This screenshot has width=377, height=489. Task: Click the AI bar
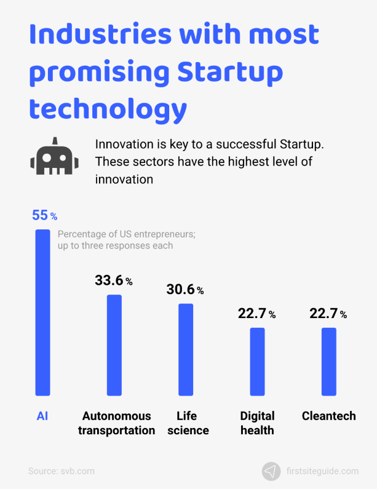click(x=42, y=312)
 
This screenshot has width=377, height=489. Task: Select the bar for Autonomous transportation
click(x=114, y=345)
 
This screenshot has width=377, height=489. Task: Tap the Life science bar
click(x=186, y=349)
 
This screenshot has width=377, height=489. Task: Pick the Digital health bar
click(x=257, y=362)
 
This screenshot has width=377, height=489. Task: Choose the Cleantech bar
click(x=329, y=362)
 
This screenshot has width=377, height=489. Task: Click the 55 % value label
click(x=44, y=216)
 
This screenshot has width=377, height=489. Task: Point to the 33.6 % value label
click(x=114, y=280)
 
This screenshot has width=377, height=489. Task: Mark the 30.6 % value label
click(x=185, y=289)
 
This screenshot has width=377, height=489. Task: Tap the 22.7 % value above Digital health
click(x=256, y=314)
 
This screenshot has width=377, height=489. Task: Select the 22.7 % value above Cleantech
click(x=328, y=314)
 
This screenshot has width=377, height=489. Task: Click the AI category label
click(x=42, y=416)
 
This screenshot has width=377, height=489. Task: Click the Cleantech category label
click(x=329, y=416)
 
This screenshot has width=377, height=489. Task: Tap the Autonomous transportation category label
click(x=116, y=423)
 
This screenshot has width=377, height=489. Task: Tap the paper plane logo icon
click(x=271, y=471)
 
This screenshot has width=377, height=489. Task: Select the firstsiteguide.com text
click(x=322, y=471)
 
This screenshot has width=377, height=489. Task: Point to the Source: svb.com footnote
click(x=62, y=471)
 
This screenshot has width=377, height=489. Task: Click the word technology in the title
click(x=108, y=109)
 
